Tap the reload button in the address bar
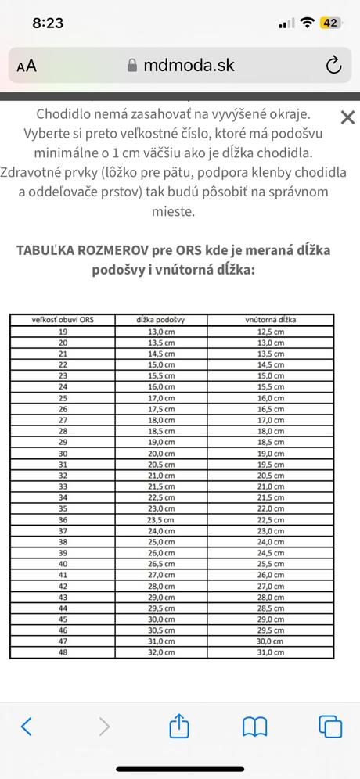point(334,66)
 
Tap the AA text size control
point(27,66)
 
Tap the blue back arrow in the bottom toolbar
point(26,726)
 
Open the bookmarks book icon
point(255,726)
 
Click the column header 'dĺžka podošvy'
point(160,319)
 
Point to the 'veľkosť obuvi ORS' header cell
point(63,319)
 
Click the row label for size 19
point(63,332)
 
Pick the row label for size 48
point(63,652)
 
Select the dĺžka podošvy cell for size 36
point(160,519)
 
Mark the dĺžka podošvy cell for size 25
point(160,397)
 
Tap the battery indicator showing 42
point(329,23)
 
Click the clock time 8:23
point(48,23)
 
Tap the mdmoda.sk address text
point(189,66)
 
